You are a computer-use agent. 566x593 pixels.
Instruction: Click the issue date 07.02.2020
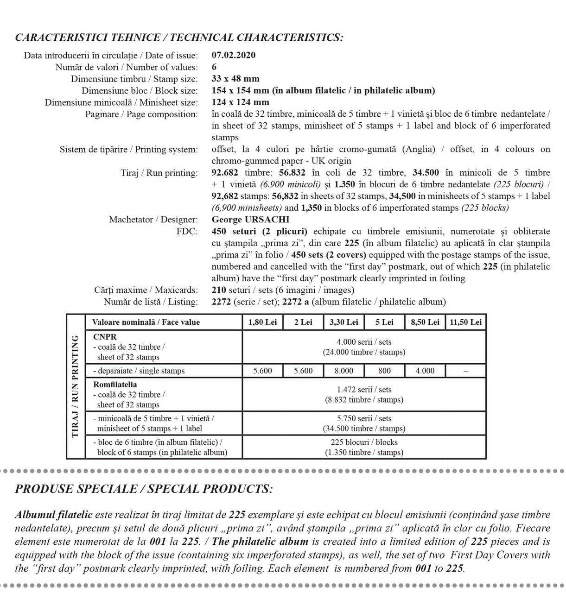click(233, 55)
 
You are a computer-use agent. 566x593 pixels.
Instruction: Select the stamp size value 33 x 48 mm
click(235, 79)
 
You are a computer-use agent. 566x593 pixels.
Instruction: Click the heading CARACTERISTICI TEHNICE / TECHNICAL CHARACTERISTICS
click(179, 38)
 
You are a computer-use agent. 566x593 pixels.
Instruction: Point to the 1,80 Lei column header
click(263, 322)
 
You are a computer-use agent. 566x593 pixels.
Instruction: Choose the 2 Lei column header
click(303, 322)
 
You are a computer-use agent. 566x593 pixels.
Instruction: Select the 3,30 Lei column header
click(343, 322)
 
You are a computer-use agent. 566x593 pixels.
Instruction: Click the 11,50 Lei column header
click(465, 322)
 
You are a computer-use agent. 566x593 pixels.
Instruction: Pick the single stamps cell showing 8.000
click(343, 371)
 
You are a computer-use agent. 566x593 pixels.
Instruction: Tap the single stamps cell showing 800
click(384, 371)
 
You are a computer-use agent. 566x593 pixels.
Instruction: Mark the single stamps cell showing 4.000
click(425, 371)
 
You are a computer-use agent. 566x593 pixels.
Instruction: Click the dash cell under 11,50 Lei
click(465, 371)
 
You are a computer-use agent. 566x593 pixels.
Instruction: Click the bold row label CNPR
click(105, 337)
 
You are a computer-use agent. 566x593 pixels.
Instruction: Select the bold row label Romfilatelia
click(115, 385)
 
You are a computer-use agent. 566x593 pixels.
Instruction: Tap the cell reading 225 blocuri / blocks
click(364, 442)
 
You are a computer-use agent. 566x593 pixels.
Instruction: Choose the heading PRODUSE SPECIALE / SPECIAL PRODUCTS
click(144, 489)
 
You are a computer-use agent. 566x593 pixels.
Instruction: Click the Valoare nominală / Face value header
click(146, 322)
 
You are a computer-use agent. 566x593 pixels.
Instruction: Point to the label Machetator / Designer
click(153, 220)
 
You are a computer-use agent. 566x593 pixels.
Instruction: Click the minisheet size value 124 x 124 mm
click(240, 102)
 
